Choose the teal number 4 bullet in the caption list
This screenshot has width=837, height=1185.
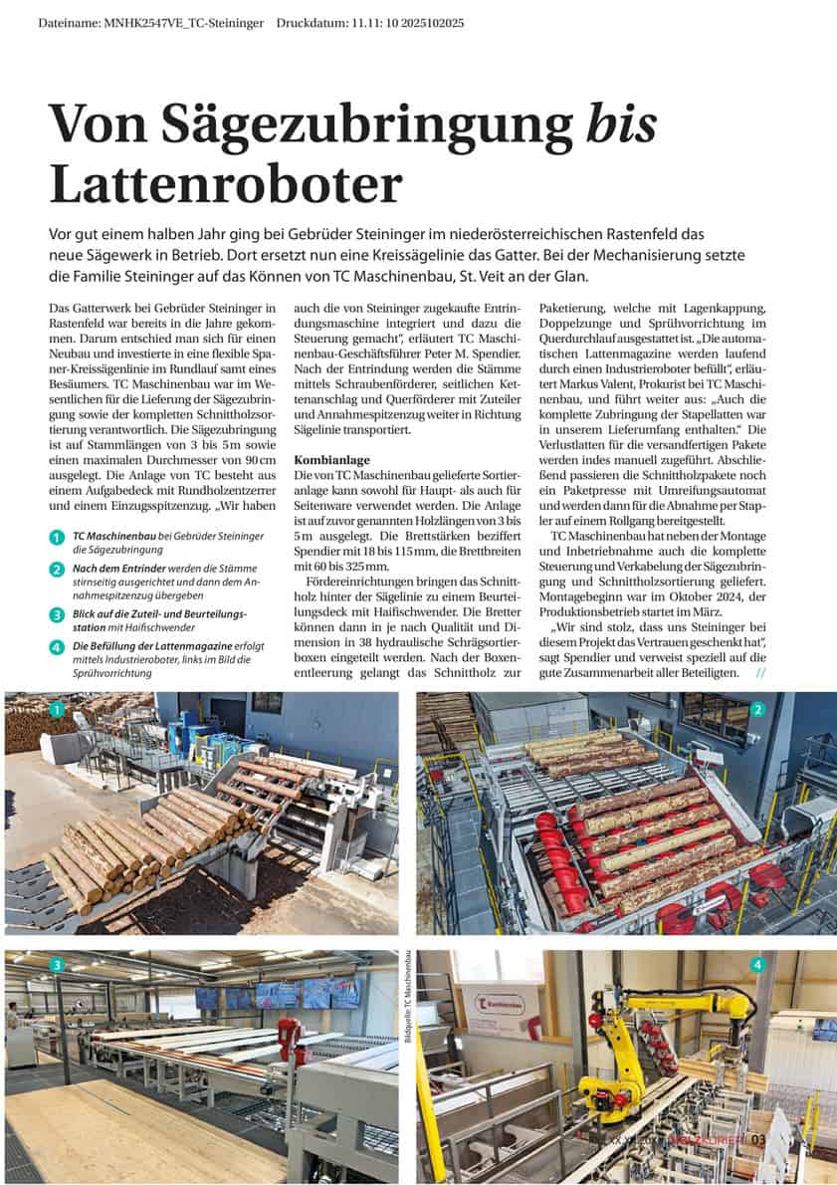coord(58,647)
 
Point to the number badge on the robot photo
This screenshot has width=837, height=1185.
coord(758,964)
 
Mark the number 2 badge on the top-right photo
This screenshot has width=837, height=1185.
coord(758,710)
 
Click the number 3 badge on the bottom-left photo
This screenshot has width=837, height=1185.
coord(58,964)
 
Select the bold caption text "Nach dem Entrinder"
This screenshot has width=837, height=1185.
coord(117,569)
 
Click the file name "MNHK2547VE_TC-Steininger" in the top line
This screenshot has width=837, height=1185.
coord(185,22)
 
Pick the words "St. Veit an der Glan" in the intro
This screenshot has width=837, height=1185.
coord(519,276)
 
